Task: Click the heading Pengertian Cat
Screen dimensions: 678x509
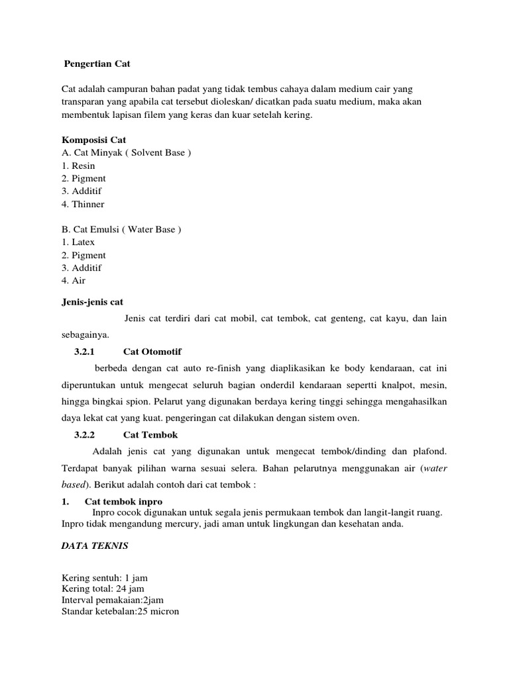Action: point(97,64)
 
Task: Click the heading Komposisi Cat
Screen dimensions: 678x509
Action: point(93,140)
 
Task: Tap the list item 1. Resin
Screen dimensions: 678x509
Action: point(78,166)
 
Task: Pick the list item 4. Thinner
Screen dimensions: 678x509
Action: point(83,204)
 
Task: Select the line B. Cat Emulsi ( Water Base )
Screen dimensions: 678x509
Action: point(121,230)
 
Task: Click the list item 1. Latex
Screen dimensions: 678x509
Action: point(78,242)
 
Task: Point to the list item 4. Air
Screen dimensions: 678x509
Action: point(74,281)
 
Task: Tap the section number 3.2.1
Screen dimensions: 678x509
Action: point(85,351)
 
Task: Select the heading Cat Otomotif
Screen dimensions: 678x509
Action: point(152,351)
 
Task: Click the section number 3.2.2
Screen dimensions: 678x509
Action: point(85,435)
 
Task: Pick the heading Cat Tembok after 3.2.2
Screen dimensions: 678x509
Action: point(150,435)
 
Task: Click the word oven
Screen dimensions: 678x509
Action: point(349,418)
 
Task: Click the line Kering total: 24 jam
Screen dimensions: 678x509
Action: point(103,589)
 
